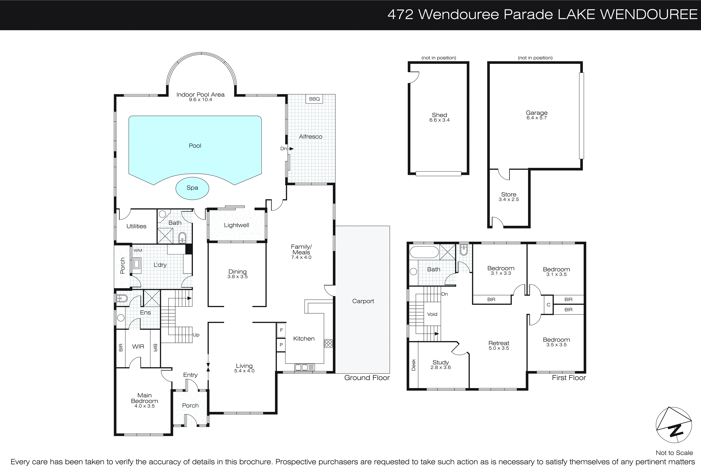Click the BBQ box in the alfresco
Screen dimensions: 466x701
pyautogui.click(x=314, y=99)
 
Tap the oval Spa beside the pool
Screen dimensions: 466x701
pyautogui.click(x=192, y=188)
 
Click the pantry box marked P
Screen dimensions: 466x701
pyautogui.click(x=281, y=345)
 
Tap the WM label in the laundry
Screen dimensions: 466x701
pyautogui.click(x=138, y=250)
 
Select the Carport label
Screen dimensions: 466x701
pyautogui.click(x=363, y=301)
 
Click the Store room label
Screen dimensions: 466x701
pyautogui.click(x=508, y=194)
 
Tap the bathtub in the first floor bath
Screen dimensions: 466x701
pyautogui.click(x=424, y=252)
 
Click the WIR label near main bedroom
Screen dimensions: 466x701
pyautogui.click(x=138, y=346)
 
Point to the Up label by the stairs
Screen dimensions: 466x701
pyautogui.click(x=196, y=335)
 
